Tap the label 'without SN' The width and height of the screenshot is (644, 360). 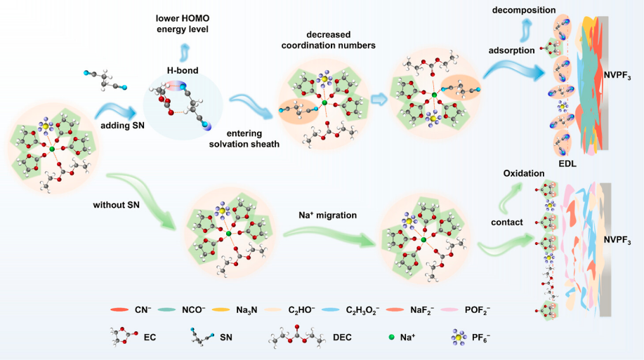click(116, 205)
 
